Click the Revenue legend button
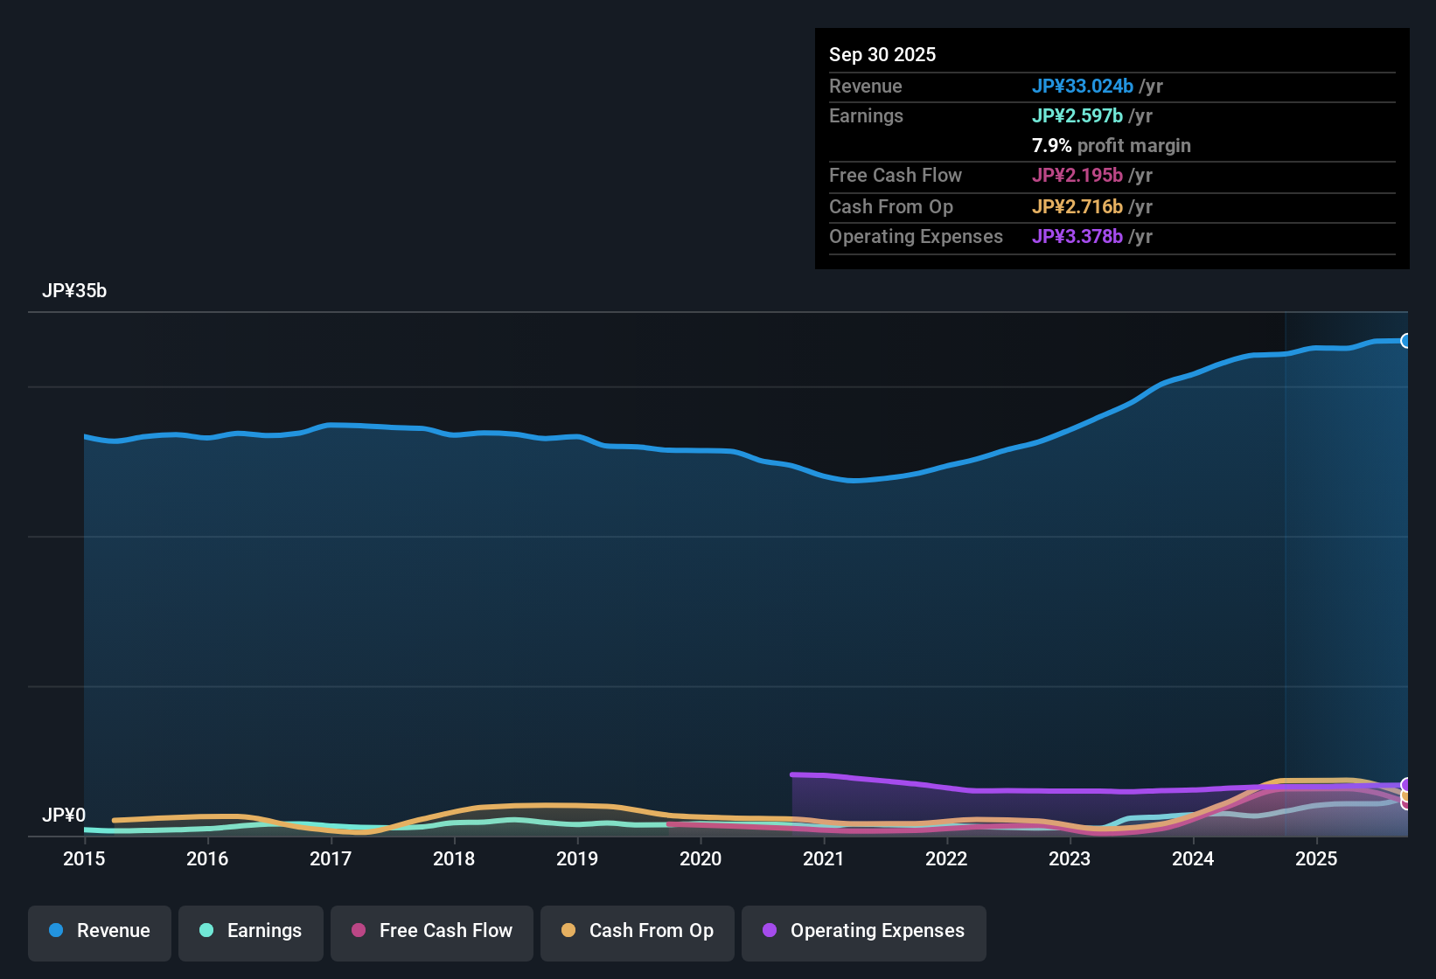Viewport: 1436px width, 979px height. click(100, 931)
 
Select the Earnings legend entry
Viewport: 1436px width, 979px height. click(251, 931)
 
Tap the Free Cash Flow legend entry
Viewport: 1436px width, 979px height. click(432, 931)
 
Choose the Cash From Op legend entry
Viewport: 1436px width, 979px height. click(638, 931)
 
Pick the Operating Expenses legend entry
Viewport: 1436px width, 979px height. click(864, 931)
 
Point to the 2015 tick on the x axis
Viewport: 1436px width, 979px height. click(84, 858)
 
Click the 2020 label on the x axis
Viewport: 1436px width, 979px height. click(701, 858)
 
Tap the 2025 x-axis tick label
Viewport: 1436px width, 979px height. click(1316, 858)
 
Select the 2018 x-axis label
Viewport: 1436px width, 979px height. click(454, 858)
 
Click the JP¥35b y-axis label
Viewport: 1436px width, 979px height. click(74, 291)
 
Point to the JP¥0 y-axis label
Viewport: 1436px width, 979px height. click(64, 816)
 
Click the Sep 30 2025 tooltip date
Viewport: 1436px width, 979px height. click(882, 54)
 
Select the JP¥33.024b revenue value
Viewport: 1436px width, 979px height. click(1083, 86)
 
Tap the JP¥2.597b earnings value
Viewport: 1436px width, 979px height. click(1077, 115)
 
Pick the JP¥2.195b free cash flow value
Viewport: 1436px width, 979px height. click(1077, 175)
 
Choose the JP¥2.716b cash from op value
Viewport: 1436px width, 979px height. click(1077, 206)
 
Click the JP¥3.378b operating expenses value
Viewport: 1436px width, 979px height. click(1077, 236)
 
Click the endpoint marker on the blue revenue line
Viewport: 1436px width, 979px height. click(1405, 341)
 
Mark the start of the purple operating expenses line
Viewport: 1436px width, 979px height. click(792, 774)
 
